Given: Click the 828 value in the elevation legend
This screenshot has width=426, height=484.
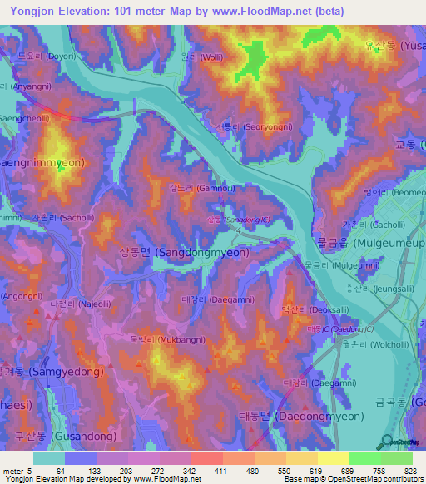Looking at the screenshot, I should pyautogui.click(x=409, y=471).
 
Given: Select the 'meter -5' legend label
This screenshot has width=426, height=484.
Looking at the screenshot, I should pyautogui.click(x=17, y=471).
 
